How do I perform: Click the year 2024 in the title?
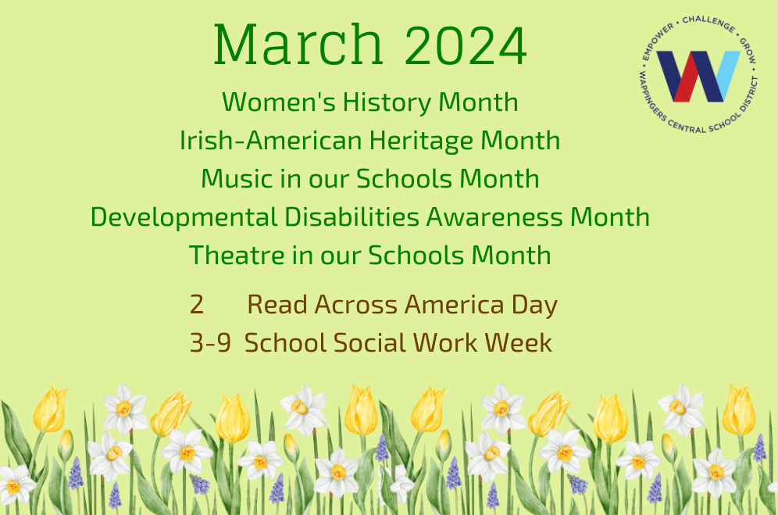(x=466, y=45)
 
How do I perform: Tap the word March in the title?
(x=298, y=45)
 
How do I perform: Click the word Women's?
(x=279, y=102)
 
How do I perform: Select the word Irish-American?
(x=272, y=140)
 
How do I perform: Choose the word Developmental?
(x=184, y=217)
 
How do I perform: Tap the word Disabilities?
(x=352, y=216)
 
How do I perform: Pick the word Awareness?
(x=494, y=217)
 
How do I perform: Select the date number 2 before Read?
(x=197, y=305)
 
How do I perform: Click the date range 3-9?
(x=210, y=342)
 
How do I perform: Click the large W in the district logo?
(x=698, y=76)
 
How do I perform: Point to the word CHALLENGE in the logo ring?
(x=708, y=23)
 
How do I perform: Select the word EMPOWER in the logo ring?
(x=657, y=41)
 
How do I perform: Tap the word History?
(x=387, y=103)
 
